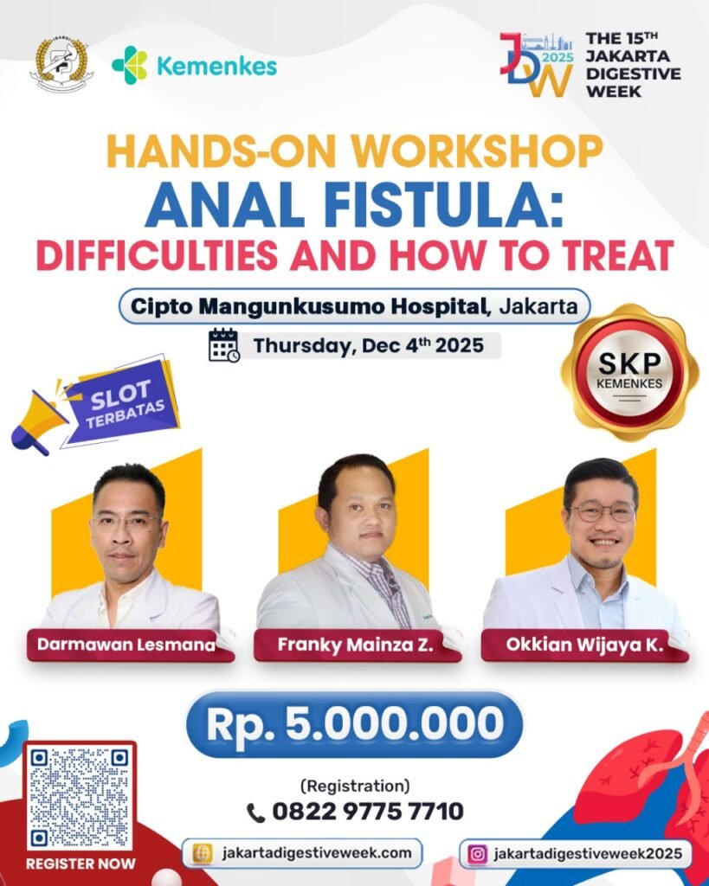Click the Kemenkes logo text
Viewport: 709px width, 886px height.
[x=217, y=67]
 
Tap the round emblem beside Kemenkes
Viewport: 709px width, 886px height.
[x=59, y=62]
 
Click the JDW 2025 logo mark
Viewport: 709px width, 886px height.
[x=536, y=66]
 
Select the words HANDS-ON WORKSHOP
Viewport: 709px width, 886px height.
[x=354, y=152]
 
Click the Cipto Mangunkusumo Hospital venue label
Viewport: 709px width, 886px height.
[x=307, y=305]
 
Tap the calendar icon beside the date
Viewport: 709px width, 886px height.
[x=223, y=344]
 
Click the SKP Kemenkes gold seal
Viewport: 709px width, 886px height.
[x=629, y=373]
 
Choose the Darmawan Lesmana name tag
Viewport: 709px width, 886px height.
[x=130, y=645]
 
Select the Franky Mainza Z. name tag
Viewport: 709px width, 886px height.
[x=357, y=645]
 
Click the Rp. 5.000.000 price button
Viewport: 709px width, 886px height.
[x=354, y=723]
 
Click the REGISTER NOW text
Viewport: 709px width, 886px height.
[x=80, y=863]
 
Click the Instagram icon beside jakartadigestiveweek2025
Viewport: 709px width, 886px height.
[x=477, y=853]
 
